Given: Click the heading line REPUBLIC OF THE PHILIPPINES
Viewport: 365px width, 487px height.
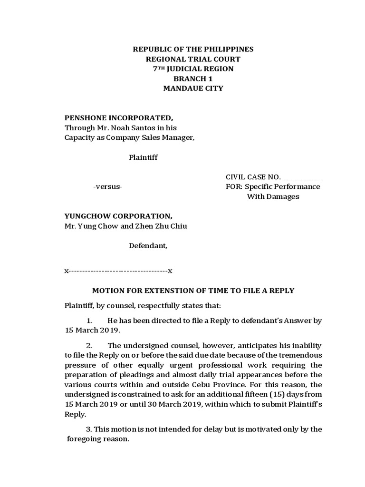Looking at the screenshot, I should [x=193, y=49].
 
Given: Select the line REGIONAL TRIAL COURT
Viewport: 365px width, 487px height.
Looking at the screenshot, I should [x=193, y=59].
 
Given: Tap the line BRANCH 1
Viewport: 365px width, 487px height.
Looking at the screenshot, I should [x=193, y=78].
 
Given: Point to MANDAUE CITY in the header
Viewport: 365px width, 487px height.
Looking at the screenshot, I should [x=193, y=88].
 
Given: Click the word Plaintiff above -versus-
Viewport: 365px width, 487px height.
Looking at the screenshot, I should [x=143, y=157].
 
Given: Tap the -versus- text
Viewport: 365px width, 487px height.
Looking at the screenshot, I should [x=107, y=187].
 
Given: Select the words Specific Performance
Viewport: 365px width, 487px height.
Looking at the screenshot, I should [x=282, y=186].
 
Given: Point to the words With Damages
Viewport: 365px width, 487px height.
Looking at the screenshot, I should [x=273, y=197].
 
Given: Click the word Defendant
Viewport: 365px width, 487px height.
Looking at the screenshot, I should [x=148, y=246].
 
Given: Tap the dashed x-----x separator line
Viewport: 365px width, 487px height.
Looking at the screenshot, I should [x=118, y=271].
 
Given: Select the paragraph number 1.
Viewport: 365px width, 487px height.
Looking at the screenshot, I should [x=89, y=321].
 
